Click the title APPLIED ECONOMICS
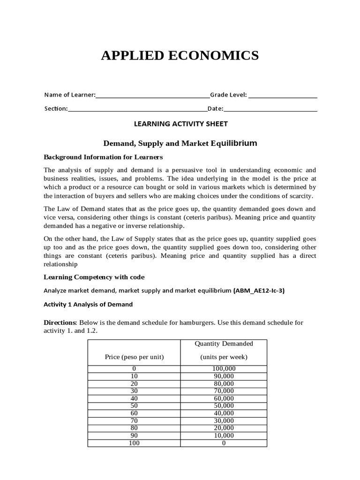[x=180, y=56]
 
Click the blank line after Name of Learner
[x=152, y=96]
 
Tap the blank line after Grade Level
[x=283, y=96]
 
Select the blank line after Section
[x=137, y=109]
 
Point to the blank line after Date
[x=270, y=109]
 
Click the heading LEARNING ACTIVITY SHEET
[x=180, y=124]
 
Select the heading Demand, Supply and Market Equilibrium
[x=180, y=143]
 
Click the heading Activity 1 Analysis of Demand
[x=88, y=304]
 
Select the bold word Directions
[x=60, y=323]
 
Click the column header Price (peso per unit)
[x=134, y=357]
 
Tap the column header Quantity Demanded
[x=224, y=344]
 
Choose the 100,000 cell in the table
[x=224, y=369]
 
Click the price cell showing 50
[x=134, y=406]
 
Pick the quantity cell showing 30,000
[x=224, y=420]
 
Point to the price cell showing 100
[x=134, y=443]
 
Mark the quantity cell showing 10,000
[x=224, y=435]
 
